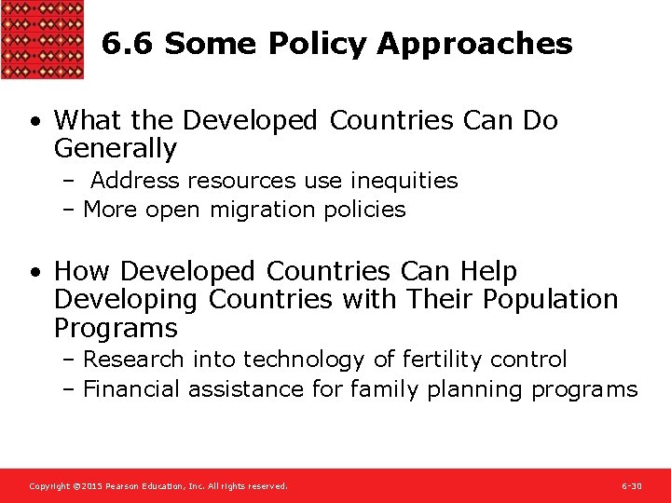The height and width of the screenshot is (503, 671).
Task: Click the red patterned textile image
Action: [x=42, y=39]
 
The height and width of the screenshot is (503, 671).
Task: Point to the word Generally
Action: [x=115, y=148]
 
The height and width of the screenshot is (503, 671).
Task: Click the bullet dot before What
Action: [x=34, y=121]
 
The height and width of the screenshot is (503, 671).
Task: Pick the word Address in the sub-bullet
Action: [x=130, y=180]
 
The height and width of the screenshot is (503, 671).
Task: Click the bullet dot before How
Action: [x=34, y=272]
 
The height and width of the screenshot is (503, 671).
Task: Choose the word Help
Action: [x=487, y=271]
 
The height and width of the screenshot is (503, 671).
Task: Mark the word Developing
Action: [x=127, y=300]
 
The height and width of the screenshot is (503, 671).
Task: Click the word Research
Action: [x=131, y=360]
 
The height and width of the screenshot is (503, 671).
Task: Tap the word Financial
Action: [x=132, y=389]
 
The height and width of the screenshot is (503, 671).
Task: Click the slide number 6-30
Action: [x=631, y=486]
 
